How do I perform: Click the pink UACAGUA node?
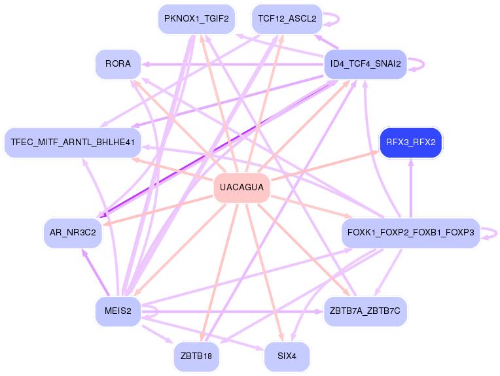click(x=241, y=188)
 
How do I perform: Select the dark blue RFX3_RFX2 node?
click(x=410, y=142)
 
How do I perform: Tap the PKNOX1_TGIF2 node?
click(x=196, y=18)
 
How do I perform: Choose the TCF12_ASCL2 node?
click(x=287, y=18)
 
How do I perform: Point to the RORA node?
click(x=118, y=63)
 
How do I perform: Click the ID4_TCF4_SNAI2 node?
click(x=365, y=63)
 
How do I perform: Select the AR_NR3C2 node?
click(x=73, y=232)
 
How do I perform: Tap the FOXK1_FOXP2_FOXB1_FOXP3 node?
click(x=411, y=232)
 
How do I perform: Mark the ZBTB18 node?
click(x=196, y=356)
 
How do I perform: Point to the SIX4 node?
click(x=287, y=356)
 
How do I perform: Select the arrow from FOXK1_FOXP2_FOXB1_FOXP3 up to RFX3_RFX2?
click(x=411, y=190)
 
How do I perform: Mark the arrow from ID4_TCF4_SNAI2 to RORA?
click(x=236, y=64)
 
